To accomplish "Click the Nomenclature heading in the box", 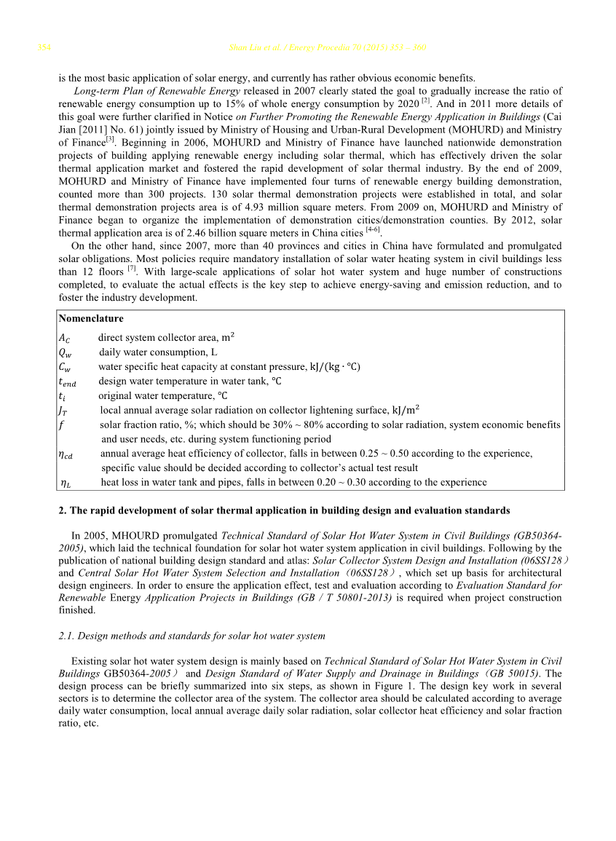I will click(91, 319).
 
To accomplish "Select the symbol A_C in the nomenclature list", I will click(65, 338).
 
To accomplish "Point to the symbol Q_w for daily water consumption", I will click(65, 352).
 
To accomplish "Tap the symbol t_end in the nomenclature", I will click(67, 382).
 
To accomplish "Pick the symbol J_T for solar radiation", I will click(64, 411).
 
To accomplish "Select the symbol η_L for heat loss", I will click(66, 483).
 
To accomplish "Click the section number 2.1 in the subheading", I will click(65, 636).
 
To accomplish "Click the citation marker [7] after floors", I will click(133, 269).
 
